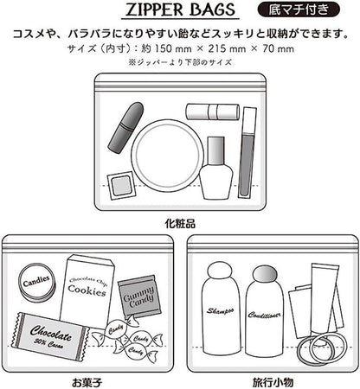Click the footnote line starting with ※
coord(180,62)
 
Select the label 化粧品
coord(180,223)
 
